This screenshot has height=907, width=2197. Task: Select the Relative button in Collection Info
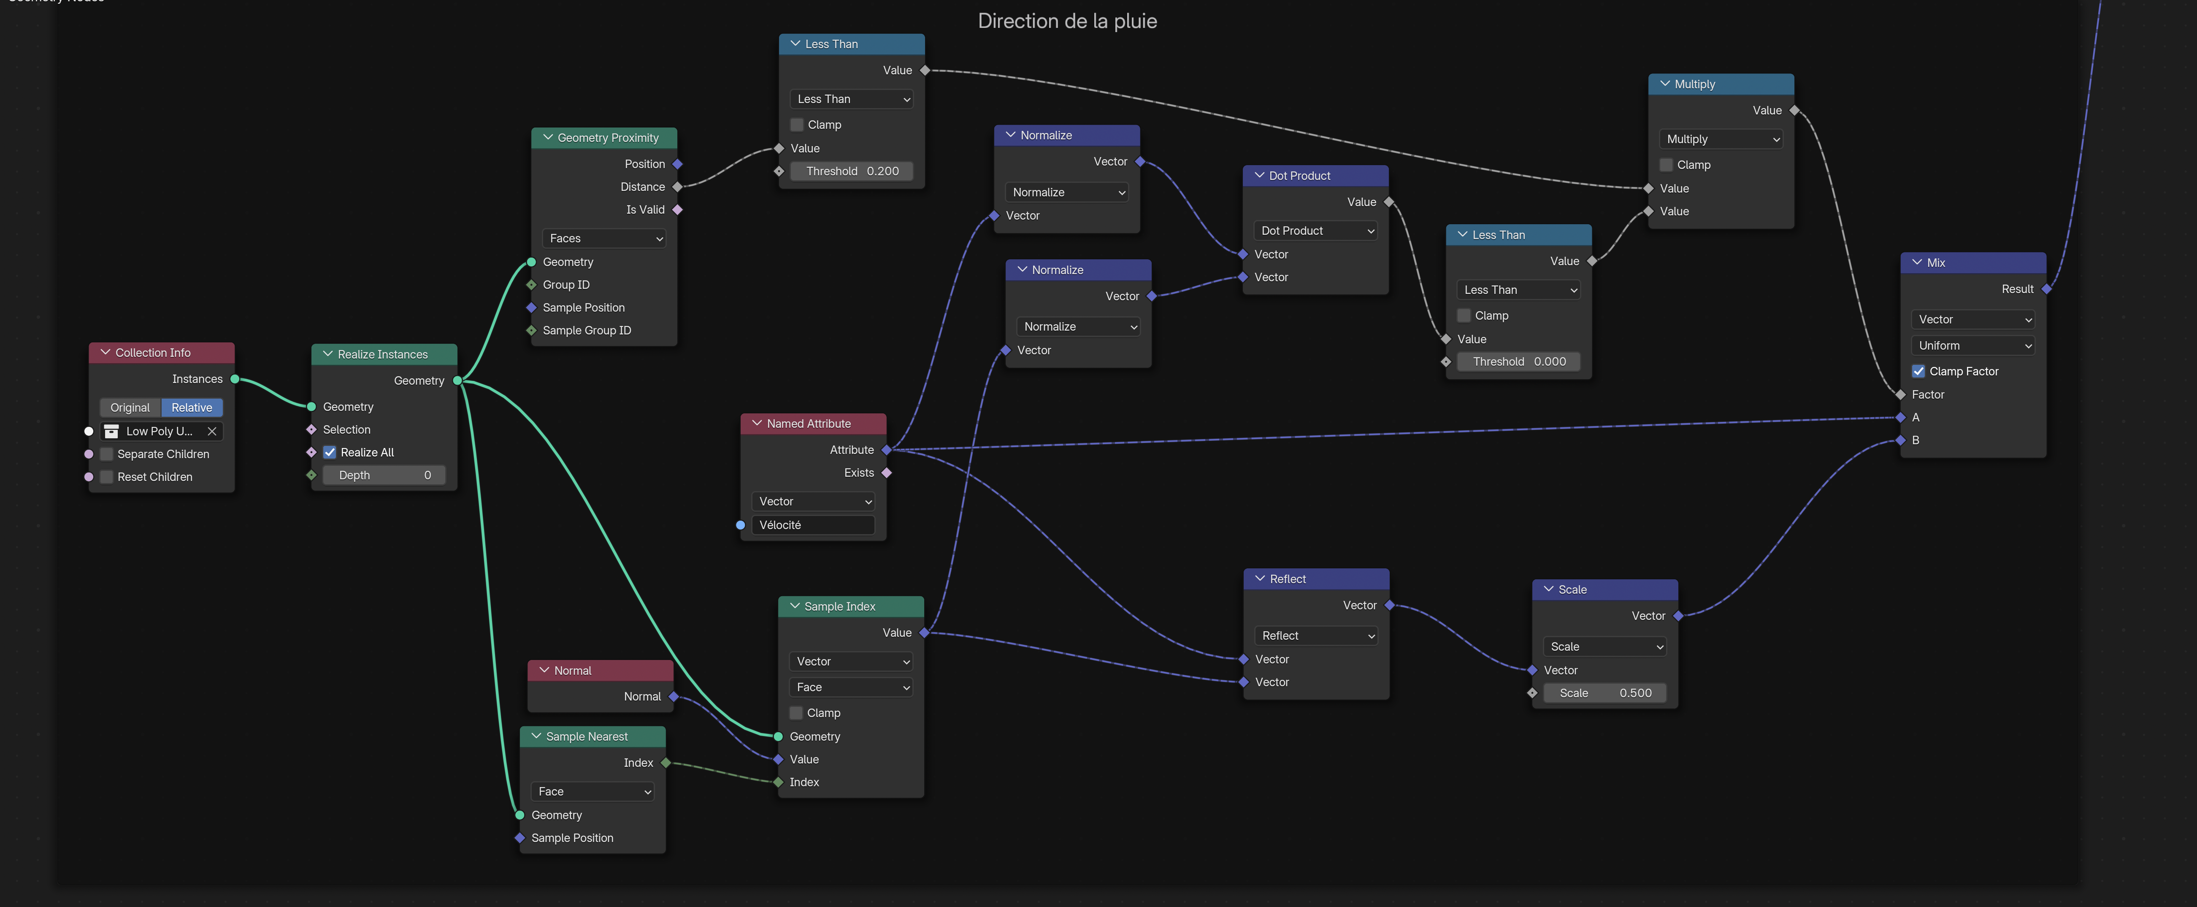point(192,408)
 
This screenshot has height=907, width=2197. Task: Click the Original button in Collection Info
point(130,408)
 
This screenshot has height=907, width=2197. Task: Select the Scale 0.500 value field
point(1604,693)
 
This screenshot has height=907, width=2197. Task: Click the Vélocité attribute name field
point(813,525)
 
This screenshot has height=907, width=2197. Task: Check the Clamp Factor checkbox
point(1918,371)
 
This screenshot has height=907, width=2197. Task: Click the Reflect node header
point(1316,578)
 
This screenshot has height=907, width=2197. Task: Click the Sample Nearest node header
point(593,736)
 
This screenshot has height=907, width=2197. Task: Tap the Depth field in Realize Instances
point(384,475)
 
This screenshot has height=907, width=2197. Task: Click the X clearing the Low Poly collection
point(212,431)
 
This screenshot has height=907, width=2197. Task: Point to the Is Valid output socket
point(677,210)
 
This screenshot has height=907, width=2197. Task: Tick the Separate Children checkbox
point(107,454)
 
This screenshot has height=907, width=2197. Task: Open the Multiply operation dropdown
point(1721,139)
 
